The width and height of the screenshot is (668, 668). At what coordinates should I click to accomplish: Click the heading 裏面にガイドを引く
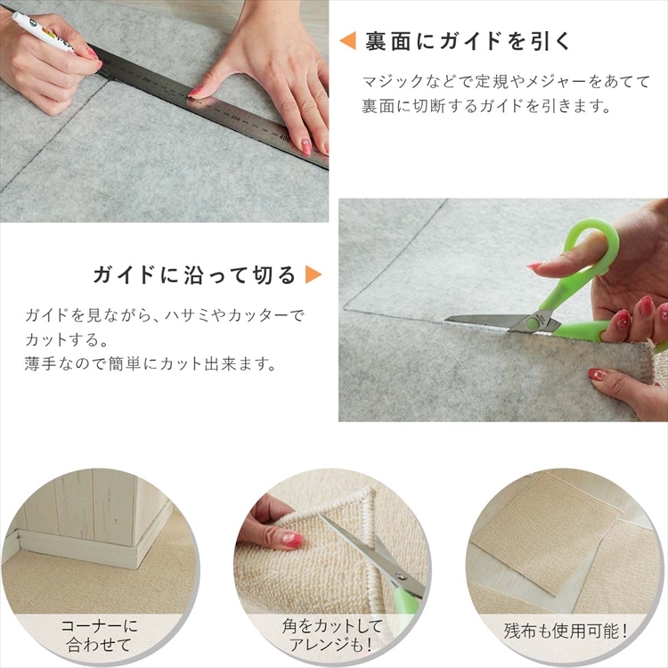[x=468, y=41]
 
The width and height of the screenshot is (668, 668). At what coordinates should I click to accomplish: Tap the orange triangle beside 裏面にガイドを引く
[x=347, y=41]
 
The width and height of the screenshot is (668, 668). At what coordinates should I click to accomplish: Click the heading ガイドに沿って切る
[x=194, y=275]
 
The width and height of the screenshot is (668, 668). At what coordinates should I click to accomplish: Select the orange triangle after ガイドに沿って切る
[x=314, y=275]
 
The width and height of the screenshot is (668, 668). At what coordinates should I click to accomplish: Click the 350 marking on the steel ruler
[x=235, y=118]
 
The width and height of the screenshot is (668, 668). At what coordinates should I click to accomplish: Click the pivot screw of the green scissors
[x=532, y=320]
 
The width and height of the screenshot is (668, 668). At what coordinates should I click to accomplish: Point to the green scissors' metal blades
[x=490, y=322]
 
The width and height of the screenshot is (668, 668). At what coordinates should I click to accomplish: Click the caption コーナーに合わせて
[x=99, y=635]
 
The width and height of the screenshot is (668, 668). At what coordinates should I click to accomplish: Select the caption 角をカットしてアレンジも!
[x=332, y=635]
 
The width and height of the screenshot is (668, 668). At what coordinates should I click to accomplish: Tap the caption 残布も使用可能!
[x=566, y=631]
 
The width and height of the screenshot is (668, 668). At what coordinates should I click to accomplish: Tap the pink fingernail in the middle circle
[x=292, y=540]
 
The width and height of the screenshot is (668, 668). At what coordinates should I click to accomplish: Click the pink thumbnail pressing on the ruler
[x=196, y=91]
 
